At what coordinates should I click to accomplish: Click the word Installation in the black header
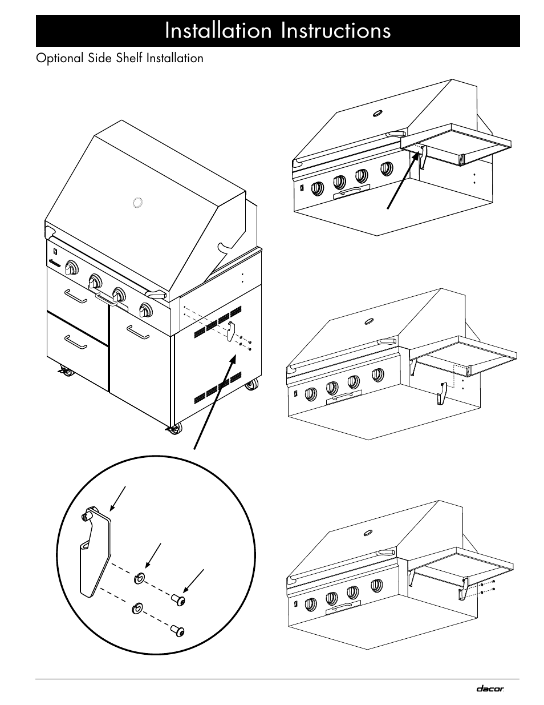218,30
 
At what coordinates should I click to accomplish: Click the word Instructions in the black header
336,30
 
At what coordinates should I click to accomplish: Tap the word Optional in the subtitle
60,58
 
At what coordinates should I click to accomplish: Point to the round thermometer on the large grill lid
137,203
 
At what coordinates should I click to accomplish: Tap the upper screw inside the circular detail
178,599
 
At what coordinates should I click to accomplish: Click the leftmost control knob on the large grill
71,268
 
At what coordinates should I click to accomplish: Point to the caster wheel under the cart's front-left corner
66,372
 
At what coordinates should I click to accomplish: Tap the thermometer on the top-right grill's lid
377,114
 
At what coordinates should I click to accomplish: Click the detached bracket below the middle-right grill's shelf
441,393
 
